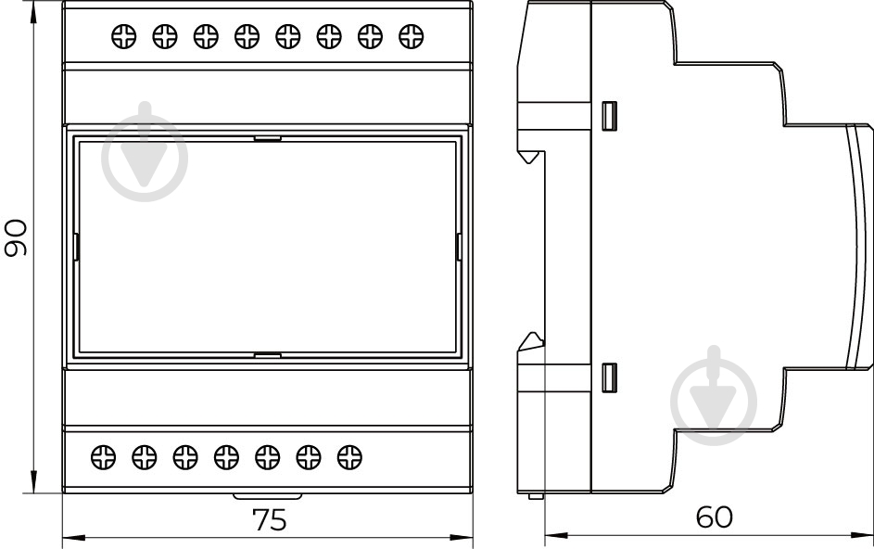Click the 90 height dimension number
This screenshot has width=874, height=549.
click(16, 238)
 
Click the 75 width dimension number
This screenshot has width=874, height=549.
click(270, 520)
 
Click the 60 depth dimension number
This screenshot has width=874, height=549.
click(714, 517)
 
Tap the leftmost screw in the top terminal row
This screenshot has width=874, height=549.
click(124, 37)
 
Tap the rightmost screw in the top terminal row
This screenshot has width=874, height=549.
click(412, 37)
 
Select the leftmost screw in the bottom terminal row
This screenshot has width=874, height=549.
click(103, 457)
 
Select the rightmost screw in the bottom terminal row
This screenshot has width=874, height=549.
click(349, 457)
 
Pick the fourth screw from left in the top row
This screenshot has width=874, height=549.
click(247, 37)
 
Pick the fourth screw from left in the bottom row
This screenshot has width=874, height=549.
click(226, 457)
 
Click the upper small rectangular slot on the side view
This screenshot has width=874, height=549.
click(609, 116)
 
